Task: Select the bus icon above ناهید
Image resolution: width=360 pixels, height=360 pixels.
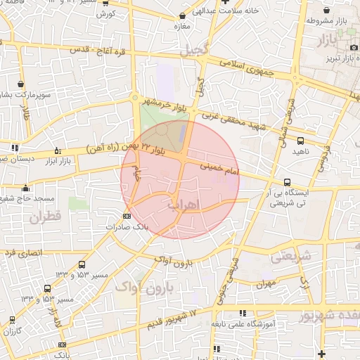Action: coord(301,141)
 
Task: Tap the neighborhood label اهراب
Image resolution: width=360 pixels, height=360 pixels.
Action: coord(184,205)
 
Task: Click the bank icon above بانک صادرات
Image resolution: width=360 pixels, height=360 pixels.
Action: coord(127,216)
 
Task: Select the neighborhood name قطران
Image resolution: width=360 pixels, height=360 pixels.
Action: coord(46,217)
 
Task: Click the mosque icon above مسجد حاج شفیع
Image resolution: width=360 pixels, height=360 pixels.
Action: coord(26,188)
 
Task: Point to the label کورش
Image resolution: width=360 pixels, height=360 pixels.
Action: coord(105,14)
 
